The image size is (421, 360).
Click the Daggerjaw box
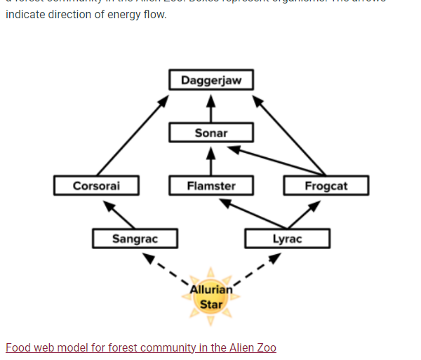[x=211, y=80]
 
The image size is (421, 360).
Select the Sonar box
[x=211, y=133]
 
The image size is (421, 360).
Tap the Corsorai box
[x=96, y=186]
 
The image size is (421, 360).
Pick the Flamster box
[x=211, y=186]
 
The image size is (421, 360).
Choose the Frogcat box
[x=326, y=186]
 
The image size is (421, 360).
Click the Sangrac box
[x=135, y=239]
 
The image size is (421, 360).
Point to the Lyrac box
[x=287, y=239]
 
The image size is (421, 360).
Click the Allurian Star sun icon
[x=210, y=297]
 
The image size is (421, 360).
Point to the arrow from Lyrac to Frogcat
[x=305, y=215]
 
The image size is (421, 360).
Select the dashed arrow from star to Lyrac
[x=257, y=268]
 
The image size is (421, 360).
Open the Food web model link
[x=140, y=347]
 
